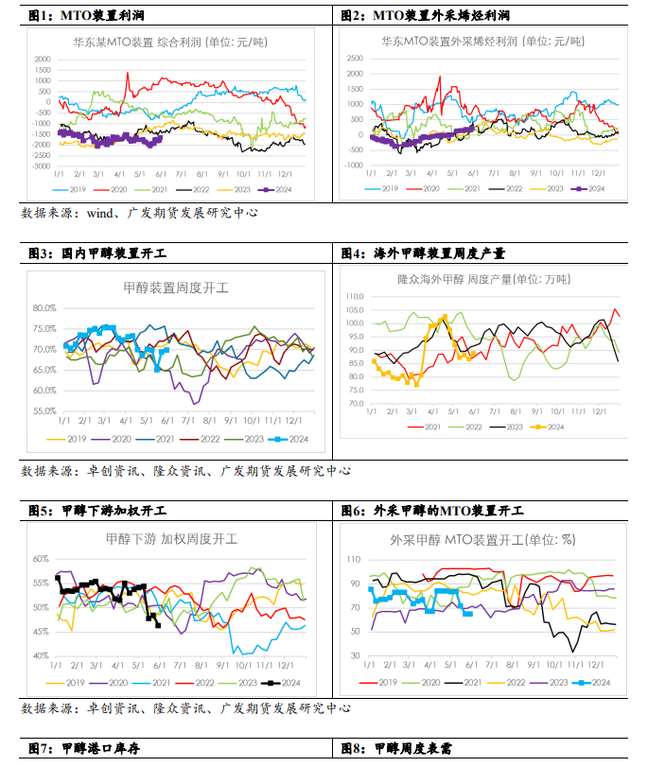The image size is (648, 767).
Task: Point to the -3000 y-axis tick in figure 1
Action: point(43,166)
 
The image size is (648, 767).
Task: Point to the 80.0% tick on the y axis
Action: point(44,308)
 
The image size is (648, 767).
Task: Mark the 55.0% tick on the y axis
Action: point(44,411)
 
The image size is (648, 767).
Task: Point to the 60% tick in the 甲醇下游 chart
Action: point(40,559)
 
